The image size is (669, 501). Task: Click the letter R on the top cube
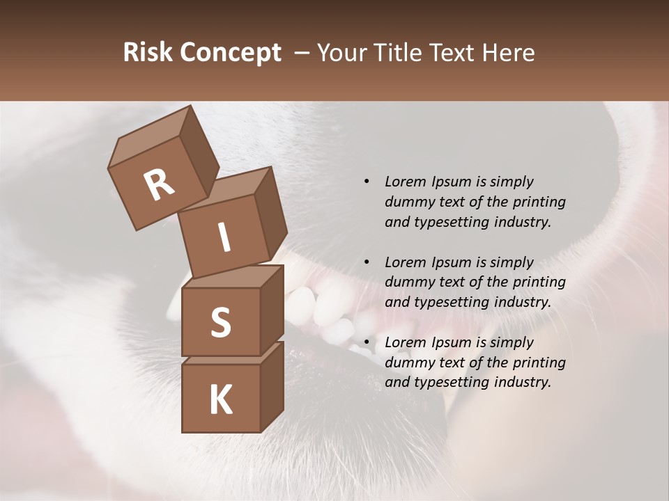[159, 185]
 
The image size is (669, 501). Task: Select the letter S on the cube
[220, 322]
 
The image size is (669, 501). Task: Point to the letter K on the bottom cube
[220, 400]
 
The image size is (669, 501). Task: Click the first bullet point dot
[367, 182]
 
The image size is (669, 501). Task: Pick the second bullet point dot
[367, 262]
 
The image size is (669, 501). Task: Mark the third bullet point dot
[367, 342]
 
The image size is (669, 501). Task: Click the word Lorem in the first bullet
[404, 182]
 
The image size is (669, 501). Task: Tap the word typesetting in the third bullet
[454, 382]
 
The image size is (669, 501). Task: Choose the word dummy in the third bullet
[408, 363]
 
